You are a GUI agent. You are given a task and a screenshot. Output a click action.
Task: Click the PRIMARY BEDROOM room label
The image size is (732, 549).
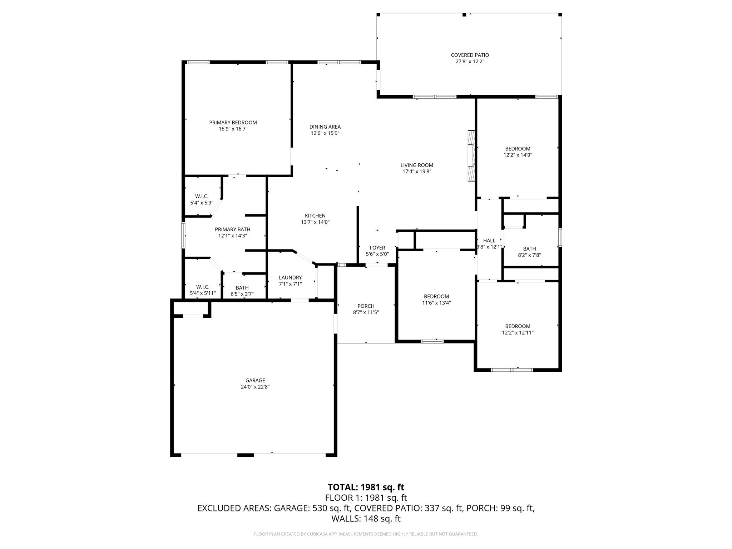233,123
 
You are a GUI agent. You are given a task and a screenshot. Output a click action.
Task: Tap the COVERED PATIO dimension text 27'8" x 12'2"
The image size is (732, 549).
470,61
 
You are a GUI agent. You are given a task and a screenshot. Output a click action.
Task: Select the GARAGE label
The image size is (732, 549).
255,380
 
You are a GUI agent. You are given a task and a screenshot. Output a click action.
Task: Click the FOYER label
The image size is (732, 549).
377,248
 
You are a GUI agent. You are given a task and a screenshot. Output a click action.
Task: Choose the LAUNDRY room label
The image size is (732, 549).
290,277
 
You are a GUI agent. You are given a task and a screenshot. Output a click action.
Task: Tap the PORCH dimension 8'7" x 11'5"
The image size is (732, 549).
366,312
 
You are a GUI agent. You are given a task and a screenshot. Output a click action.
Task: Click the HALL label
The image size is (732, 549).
489,241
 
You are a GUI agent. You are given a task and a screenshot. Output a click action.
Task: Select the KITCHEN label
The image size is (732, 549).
315,216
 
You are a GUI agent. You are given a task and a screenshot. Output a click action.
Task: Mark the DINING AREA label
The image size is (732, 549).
325,127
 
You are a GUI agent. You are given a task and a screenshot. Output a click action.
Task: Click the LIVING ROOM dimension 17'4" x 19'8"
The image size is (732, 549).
417,172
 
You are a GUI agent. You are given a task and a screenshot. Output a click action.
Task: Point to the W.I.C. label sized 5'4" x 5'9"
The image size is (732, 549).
202,196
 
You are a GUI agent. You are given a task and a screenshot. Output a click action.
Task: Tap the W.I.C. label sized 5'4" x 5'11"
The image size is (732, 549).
202,287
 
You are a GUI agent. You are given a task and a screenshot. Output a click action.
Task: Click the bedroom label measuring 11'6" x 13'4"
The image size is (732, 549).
436,296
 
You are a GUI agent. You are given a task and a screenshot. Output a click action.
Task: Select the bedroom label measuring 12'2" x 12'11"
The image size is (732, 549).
517,326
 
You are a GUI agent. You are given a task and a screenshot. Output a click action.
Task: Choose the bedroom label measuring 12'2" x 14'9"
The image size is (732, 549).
517,149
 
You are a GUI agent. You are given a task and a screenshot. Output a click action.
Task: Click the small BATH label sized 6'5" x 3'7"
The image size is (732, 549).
242,288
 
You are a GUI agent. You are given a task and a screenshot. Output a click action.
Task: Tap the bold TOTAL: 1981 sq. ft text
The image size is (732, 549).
366,487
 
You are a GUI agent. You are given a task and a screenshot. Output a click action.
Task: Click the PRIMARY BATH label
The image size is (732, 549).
232,229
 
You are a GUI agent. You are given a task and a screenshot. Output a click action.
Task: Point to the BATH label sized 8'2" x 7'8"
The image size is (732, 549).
529,249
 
